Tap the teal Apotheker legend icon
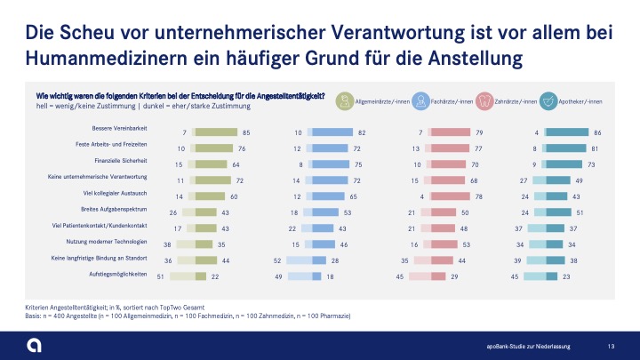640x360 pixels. coord(551,102)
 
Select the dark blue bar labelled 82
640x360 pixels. coord(327,132)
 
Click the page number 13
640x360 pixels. coord(610,345)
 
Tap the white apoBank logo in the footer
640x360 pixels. coord(33,344)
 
